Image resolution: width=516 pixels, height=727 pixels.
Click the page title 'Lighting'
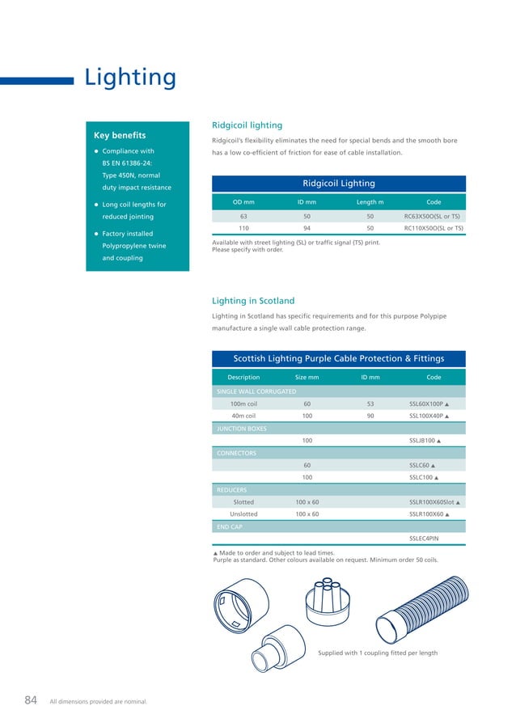click(130, 78)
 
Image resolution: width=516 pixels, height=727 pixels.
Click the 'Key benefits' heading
click(120, 135)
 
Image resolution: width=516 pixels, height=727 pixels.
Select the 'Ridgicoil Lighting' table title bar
click(338, 184)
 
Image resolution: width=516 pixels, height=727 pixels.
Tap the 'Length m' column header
click(370, 201)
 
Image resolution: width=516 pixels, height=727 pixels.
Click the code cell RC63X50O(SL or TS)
click(433, 217)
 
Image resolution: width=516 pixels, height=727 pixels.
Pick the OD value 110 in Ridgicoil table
click(243, 228)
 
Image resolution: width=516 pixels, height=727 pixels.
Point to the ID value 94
click(307, 228)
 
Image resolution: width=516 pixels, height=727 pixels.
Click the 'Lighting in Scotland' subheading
click(252, 301)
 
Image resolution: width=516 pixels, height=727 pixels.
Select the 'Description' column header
click(243, 377)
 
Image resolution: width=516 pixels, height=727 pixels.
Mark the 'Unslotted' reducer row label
click(243, 514)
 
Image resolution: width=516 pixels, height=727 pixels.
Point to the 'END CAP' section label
click(230, 526)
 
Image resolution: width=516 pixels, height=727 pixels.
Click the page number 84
click(31, 700)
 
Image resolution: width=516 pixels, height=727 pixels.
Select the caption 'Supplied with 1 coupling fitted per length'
click(378, 653)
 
